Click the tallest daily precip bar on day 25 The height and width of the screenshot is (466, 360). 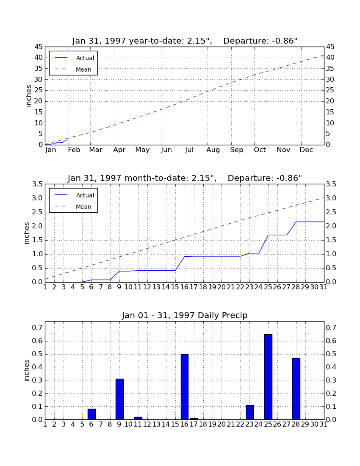[268, 377]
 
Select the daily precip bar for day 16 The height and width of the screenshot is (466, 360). [185, 387]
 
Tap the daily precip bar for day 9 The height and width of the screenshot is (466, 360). [119, 399]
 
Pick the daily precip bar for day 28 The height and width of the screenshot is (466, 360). [296, 389]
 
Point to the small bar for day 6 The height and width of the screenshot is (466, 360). [91, 414]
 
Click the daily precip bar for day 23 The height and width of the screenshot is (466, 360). [249, 412]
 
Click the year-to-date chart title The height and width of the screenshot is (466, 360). [185, 41]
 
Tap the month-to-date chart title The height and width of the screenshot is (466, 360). [185, 178]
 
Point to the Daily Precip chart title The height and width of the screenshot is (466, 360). [185, 315]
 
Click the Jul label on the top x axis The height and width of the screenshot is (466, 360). [189, 150]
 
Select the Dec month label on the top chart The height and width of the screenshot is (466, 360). [306, 150]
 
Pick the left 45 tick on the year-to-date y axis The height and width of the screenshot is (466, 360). [39, 47]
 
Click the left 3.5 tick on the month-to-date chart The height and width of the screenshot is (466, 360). [37, 184]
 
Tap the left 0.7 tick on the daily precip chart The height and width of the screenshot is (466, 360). [37, 328]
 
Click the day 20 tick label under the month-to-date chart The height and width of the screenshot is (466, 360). [222, 287]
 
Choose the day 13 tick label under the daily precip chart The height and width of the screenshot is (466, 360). [157, 424]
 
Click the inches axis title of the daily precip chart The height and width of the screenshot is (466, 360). [27, 370]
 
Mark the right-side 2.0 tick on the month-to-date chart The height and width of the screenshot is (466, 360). [331, 226]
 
